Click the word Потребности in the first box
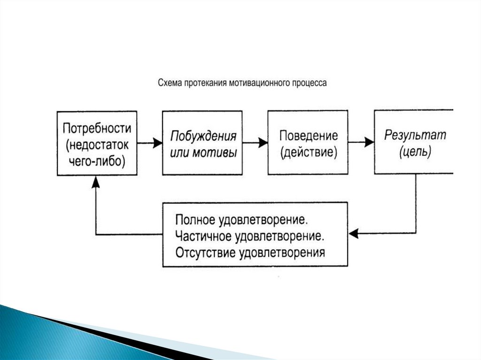click(x=97, y=128)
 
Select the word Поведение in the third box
click(x=309, y=136)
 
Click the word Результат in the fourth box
click(x=415, y=136)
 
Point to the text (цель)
click(x=415, y=153)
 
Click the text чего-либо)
click(x=97, y=161)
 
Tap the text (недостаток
click(x=97, y=145)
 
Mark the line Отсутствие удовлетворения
click(x=250, y=253)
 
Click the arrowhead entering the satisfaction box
click(x=354, y=233)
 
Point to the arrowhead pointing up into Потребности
click(x=96, y=181)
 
